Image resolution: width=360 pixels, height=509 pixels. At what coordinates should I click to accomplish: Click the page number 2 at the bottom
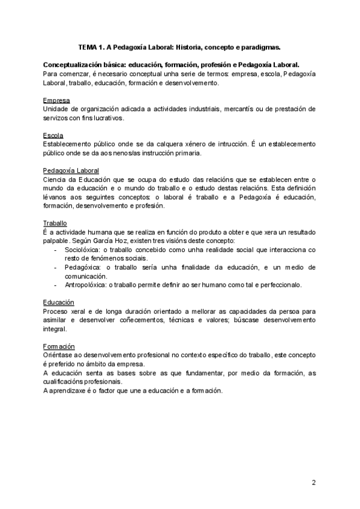coord(313,483)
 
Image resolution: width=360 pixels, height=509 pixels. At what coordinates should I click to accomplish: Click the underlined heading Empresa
coord(56,100)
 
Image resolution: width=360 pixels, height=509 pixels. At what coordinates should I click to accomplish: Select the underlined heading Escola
coord(53,136)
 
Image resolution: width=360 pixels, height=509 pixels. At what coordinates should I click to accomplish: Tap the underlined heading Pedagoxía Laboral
coord(71,171)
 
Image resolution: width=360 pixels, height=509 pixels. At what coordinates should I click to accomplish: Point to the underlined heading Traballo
coord(55,223)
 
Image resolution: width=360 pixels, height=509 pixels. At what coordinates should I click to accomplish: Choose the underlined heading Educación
coord(59,302)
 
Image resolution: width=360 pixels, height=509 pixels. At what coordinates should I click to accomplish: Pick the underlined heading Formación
coord(59,346)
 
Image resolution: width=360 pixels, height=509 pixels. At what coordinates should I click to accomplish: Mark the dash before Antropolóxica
coord(56,285)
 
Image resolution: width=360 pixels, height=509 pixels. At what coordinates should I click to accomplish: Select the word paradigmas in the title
coord(262,46)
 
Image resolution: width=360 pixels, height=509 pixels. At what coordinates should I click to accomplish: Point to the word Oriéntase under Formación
coord(59,355)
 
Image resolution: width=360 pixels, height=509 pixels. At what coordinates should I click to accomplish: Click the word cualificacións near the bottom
coord(64,382)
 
